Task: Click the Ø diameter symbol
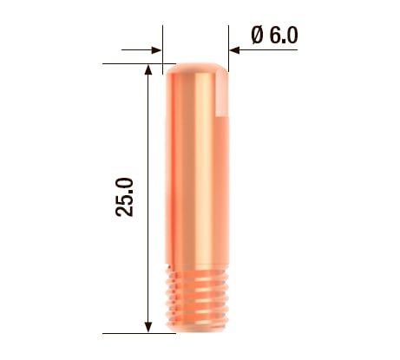(x=257, y=35)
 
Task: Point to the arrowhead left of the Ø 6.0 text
(x=235, y=50)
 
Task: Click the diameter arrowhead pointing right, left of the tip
(x=156, y=50)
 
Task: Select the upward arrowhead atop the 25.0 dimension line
(x=149, y=69)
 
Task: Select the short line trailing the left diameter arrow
(x=134, y=50)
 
